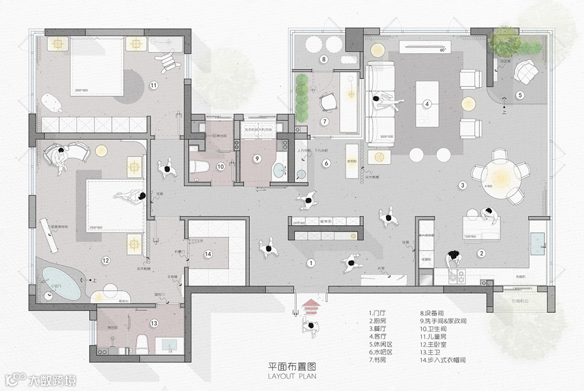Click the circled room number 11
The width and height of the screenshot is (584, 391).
[154, 85]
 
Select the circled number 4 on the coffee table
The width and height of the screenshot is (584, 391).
[427, 104]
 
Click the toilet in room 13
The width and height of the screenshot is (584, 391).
[138, 342]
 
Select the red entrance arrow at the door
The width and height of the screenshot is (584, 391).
[310, 304]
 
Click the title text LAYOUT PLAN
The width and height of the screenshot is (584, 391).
[292, 376]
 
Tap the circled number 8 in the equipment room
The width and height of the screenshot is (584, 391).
[323, 59]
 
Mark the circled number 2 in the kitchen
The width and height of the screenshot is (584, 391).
[482, 253]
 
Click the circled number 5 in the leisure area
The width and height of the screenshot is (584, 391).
[519, 95]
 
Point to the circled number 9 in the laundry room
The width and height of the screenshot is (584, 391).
[256, 158]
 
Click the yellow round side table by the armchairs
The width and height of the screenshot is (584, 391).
[468, 104]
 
